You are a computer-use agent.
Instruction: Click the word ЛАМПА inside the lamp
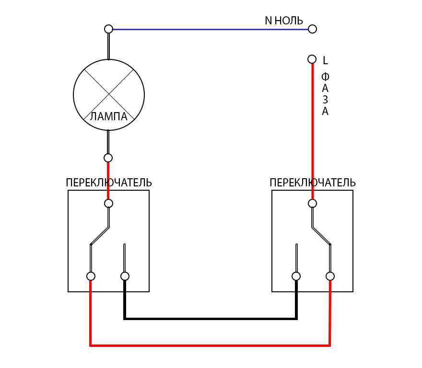pyautogui.click(x=109, y=116)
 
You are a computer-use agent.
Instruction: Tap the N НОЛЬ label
pyautogui.click(x=284, y=21)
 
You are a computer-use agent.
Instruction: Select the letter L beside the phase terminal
pyautogui.click(x=325, y=60)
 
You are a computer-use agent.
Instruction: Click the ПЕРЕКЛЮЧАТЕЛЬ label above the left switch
pyautogui.click(x=109, y=183)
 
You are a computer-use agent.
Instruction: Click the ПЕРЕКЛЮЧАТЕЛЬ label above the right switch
pyautogui.click(x=313, y=183)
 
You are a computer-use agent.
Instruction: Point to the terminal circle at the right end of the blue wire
pyautogui.click(x=312, y=29)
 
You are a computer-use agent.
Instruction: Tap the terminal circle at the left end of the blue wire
pyautogui.click(x=109, y=29)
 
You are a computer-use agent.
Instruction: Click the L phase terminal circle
pyautogui.click(x=312, y=59)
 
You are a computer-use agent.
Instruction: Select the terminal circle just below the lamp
pyautogui.click(x=108, y=158)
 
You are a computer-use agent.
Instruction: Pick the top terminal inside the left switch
pyautogui.click(x=109, y=203)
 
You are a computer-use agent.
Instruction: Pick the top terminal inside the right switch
pyautogui.click(x=312, y=203)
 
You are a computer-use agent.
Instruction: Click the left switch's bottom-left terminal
pyautogui.click(x=91, y=276)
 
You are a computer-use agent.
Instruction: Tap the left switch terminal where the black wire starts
pyautogui.click(x=125, y=276)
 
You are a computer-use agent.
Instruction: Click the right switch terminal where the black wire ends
pyautogui.click(x=296, y=276)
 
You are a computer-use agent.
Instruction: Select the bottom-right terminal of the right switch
pyautogui.click(x=330, y=276)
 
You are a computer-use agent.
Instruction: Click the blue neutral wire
pyautogui.click(x=211, y=29)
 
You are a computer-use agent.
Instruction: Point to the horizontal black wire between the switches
pyautogui.click(x=211, y=318)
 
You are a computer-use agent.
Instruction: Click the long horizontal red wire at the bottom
pyautogui.click(x=211, y=345)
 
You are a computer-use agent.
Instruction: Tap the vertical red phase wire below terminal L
pyautogui.click(x=313, y=129)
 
